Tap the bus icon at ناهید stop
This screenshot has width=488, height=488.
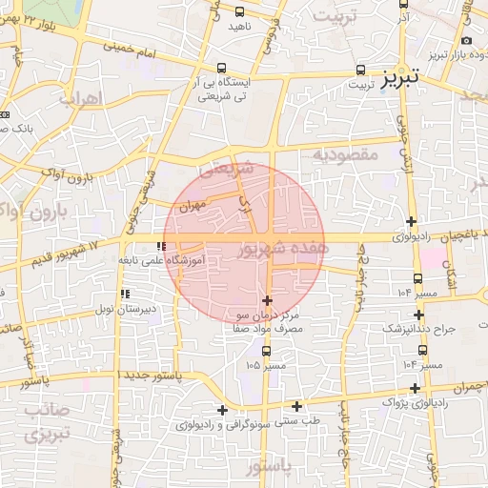click(238, 12)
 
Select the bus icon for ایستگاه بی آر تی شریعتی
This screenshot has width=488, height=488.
click(222, 68)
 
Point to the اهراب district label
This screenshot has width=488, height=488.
click(80, 98)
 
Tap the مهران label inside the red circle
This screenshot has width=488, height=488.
click(192, 205)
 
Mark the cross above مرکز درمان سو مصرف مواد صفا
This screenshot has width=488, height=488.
click(267, 300)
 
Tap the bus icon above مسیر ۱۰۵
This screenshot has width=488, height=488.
click(266, 350)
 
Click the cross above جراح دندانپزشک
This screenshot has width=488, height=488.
click(418, 314)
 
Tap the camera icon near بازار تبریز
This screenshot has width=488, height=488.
click(466, 41)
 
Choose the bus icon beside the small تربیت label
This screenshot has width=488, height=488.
click(361, 70)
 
